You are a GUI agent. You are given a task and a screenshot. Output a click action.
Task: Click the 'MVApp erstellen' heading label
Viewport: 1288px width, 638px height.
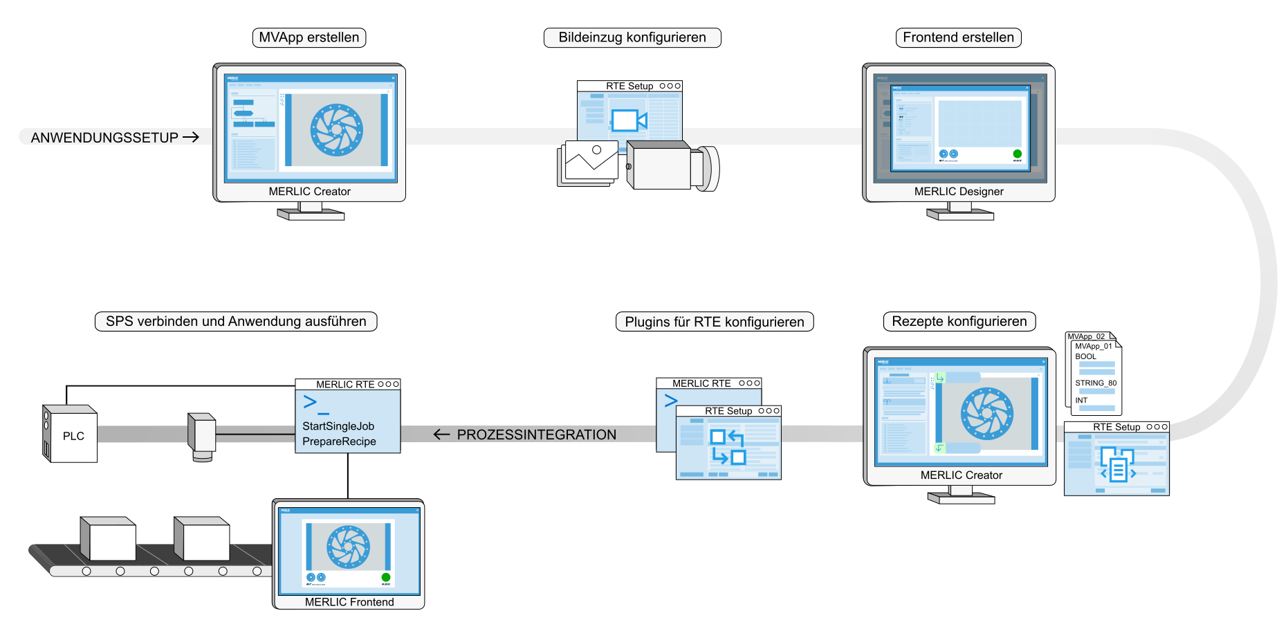click(x=309, y=37)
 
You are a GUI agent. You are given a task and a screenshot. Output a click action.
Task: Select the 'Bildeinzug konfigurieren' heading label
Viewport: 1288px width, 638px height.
click(x=632, y=37)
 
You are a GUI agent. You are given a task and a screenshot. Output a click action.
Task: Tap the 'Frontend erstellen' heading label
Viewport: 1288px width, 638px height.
click(x=958, y=37)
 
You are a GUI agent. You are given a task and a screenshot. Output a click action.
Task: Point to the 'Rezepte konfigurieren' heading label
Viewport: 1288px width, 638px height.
click(x=959, y=321)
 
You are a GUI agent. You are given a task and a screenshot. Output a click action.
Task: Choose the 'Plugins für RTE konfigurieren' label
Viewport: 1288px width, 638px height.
click(x=715, y=322)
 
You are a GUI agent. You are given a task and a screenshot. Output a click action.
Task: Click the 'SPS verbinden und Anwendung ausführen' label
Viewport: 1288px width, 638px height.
click(x=236, y=321)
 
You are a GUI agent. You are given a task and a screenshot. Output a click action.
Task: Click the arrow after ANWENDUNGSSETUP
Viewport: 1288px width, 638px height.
click(x=191, y=137)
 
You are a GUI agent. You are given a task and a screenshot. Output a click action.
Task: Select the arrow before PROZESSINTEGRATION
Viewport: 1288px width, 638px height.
click(x=441, y=435)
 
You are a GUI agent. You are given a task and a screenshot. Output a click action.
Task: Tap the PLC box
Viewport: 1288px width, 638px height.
click(x=72, y=436)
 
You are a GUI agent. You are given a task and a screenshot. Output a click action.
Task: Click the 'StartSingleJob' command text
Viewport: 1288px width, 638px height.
click(x=338, y=426)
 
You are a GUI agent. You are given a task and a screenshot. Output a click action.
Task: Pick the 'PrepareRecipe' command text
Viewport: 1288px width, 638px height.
click(x=339, y=441)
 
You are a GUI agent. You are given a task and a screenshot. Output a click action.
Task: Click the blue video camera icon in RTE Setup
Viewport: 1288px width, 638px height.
click(x=628, y=120)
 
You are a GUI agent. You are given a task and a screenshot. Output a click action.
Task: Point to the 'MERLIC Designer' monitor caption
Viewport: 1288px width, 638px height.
click(x=959, y=192)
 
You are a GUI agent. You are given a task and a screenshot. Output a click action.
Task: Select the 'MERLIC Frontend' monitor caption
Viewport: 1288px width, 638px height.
click(x=349, y=602)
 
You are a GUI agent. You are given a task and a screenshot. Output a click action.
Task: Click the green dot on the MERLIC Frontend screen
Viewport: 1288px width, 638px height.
click(x=386, y=577)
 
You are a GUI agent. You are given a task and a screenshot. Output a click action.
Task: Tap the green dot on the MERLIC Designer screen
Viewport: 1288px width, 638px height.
click(x=1017, y=154)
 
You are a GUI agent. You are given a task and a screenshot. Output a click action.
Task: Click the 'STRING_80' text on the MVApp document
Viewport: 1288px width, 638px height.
click(x=1096, y=383)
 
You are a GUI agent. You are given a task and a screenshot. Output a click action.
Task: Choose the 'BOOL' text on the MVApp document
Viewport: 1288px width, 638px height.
click(x=1085, y=356)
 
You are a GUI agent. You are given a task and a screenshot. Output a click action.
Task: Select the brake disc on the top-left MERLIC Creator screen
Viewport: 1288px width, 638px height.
click(x=337, y=129)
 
